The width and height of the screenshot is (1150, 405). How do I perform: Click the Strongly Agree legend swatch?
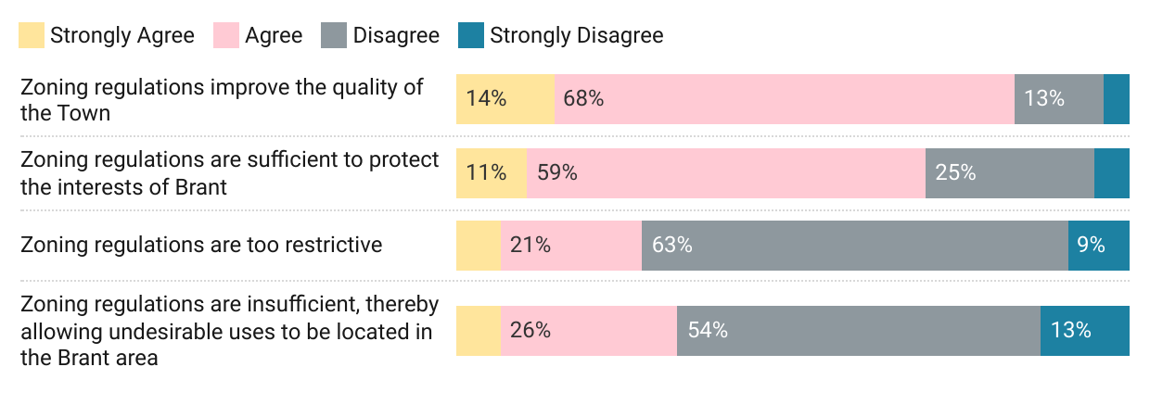click(32, 36)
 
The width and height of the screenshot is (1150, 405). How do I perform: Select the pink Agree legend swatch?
click(226, 36)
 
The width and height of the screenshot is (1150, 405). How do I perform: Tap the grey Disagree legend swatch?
click(334, 36)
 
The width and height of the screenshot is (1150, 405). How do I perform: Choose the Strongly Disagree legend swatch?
click(471, 36)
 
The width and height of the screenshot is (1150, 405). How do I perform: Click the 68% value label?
click(583, 98)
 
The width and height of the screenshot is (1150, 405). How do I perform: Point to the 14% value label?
click(486, 98)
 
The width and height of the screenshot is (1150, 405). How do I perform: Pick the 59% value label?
click(556, 172)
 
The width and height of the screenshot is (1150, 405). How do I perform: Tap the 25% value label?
click(955, 172)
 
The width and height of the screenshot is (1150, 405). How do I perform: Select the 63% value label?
click(671, 246)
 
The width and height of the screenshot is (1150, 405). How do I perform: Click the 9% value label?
click(1091, 246)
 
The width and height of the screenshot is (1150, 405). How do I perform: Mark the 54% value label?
click(707, 330)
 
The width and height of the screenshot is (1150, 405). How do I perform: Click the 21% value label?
click(530, 246)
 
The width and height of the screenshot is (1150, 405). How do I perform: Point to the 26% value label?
click(530, 330)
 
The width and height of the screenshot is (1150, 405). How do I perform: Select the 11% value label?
click(486, 172)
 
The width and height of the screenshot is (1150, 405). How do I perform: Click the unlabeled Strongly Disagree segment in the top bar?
click(1116, 98)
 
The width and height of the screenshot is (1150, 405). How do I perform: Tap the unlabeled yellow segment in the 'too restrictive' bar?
click(478, 246)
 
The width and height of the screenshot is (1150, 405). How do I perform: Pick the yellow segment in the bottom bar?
click(478, 330)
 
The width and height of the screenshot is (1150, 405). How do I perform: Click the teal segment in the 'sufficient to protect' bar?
click(1111, 172)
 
